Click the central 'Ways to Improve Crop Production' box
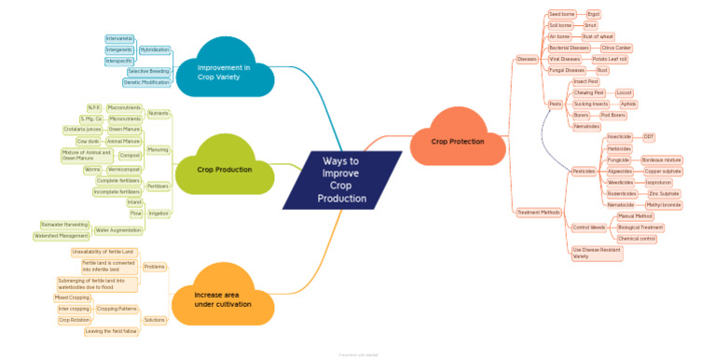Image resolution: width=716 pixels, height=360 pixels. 341,180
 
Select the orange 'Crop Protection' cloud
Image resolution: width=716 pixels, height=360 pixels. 458,141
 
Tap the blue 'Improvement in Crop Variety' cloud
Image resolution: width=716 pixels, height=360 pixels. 223,73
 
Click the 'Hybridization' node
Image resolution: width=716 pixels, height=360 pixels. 154,48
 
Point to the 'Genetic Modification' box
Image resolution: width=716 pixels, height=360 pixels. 146,82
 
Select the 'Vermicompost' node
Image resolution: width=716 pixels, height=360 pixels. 123,170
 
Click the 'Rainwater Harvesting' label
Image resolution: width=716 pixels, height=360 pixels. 64,225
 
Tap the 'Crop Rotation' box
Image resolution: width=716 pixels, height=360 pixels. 74,320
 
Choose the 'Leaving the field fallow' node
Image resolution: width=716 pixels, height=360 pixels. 111,331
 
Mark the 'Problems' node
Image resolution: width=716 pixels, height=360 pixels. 155,268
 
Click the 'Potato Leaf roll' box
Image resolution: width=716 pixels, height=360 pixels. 610,59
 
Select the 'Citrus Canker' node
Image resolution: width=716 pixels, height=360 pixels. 616,48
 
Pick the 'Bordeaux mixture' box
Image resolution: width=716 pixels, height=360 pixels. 662,160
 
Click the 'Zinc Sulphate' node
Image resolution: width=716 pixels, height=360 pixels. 664,193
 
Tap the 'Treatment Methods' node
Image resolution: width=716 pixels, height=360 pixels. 539,213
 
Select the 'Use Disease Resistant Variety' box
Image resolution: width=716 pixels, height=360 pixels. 594,253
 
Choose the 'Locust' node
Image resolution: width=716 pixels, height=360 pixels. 625,93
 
